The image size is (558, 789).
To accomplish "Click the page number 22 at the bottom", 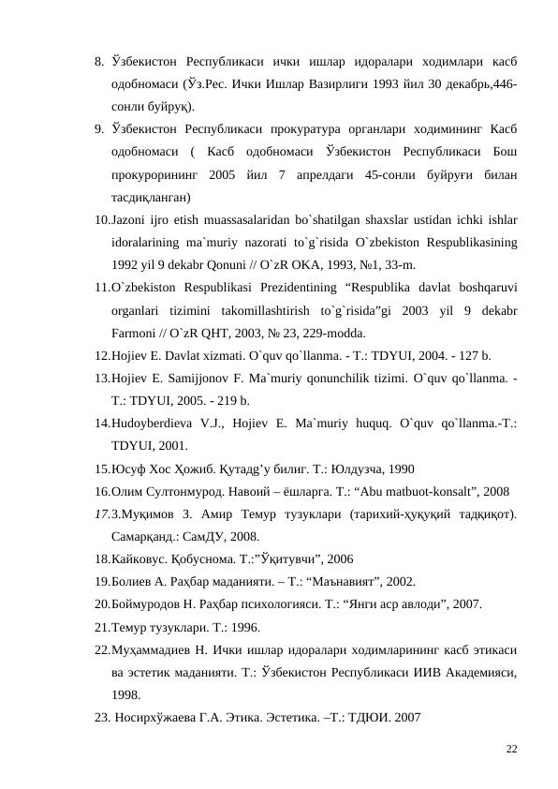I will [x=511, y=749].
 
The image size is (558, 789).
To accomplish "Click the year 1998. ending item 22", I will [x=126, y=694].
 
